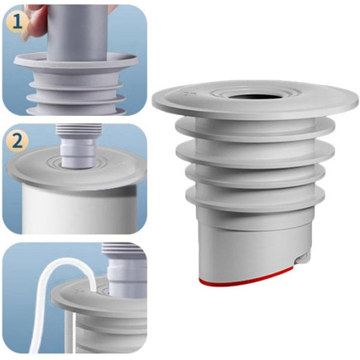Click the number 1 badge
17,23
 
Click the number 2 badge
17,142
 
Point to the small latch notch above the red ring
301,258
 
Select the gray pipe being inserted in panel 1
76,31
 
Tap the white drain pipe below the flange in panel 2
79,209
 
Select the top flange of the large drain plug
256,98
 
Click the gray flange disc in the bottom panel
100,300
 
